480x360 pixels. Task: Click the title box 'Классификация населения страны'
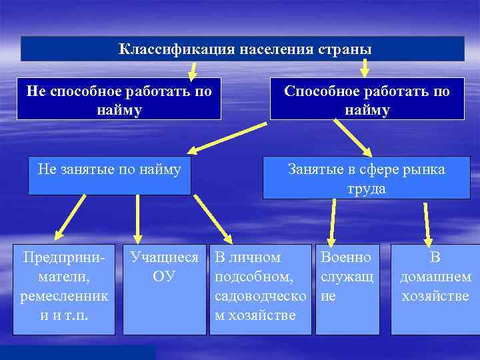point(243,49)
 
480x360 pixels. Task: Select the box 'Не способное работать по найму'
point(119,99)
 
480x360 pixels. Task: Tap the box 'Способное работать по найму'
point(367,99)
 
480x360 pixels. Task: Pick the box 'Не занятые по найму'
point(110,176)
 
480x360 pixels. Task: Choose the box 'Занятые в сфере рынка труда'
point(366,178)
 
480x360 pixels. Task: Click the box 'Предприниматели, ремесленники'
point(64,289)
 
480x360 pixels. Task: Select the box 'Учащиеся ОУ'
point(165,289)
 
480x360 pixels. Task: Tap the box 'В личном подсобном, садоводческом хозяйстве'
point(260,289)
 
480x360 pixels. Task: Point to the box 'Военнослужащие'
point(347,289)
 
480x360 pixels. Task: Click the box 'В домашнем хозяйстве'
point(435,289)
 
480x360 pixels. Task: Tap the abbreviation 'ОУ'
point(164,276)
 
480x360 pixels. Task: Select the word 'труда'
point(366,189)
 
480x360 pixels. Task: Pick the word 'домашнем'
point(435,276)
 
